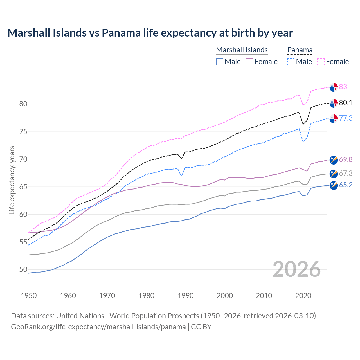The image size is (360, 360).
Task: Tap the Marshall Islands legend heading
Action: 242,50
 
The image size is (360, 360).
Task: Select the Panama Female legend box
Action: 321,62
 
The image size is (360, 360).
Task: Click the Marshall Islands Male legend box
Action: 220,62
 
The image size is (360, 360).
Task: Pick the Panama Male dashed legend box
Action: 291,62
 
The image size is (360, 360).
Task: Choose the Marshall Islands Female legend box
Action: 249,62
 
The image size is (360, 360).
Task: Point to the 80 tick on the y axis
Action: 23,104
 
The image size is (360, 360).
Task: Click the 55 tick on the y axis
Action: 23,242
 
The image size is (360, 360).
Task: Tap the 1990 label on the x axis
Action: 186,296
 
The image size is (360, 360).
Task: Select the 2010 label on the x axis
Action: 264,296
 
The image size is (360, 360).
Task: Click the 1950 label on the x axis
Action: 29,296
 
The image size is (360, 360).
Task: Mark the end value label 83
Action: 343,87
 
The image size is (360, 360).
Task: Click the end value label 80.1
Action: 346,103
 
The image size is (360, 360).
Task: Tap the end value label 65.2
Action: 346,185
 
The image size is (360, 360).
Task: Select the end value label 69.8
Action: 346,160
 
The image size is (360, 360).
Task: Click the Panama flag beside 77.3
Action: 334,119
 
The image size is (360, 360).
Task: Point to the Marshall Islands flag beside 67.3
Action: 334,174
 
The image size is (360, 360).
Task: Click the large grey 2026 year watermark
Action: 296,269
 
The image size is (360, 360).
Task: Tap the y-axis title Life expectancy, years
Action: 12,180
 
